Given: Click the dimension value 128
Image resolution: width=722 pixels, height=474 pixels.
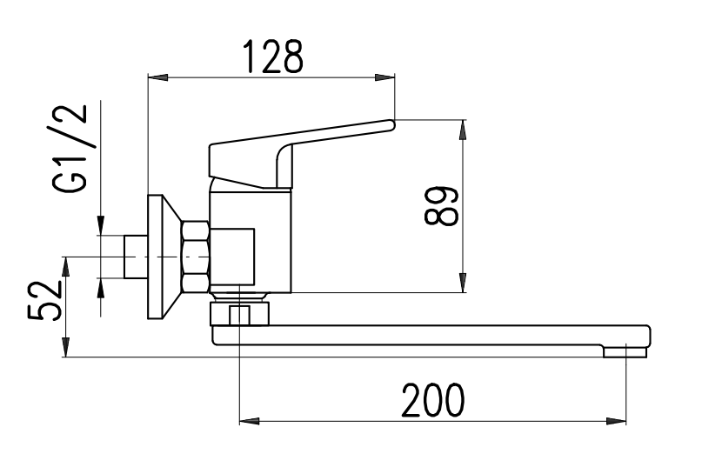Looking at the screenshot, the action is pos(273,57).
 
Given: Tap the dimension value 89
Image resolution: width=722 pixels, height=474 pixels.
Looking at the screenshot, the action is pos(441,206).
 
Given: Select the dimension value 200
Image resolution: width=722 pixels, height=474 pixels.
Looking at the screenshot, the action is pos(433,400).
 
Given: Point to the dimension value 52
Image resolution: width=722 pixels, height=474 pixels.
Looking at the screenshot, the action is pos(44,301).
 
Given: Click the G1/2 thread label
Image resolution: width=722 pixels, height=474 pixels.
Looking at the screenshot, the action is pos(70,149).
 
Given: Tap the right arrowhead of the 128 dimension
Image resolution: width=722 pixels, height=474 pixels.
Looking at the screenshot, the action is pos(385,77).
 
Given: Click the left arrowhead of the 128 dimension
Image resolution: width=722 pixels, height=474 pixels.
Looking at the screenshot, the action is pos(157,77).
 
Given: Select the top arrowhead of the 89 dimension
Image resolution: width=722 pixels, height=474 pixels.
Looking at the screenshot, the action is pos(463,130).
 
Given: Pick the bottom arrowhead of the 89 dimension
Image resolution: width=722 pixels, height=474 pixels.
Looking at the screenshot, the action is pos(463,283).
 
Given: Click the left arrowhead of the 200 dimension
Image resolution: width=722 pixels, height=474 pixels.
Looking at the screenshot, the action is pos(250,421).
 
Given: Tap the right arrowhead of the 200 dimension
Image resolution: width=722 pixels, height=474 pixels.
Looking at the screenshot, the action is pos(616,421).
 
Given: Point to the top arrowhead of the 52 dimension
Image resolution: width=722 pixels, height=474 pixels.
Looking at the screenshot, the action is pos(66,267).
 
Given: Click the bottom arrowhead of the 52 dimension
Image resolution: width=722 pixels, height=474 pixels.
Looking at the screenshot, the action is pos(66,347).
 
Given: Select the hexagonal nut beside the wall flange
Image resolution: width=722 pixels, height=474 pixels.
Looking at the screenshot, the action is pos(196,257).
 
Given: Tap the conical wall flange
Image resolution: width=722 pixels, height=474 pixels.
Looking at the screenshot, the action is pos(164,257).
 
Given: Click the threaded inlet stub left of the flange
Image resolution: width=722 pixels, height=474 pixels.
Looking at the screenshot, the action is pos(136,257).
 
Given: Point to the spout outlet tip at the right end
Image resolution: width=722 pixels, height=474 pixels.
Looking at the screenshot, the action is pos(625,352).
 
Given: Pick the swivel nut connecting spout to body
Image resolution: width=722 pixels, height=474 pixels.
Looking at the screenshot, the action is pos(239,313).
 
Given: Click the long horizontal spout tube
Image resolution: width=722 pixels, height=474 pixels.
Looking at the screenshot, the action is pos(431,336).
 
